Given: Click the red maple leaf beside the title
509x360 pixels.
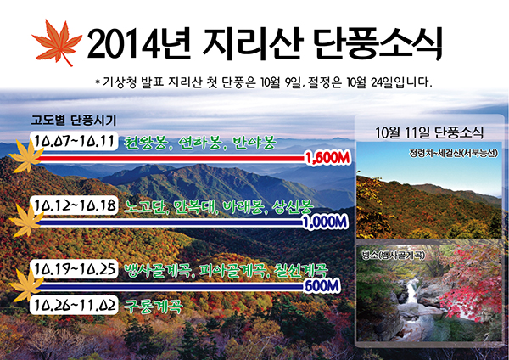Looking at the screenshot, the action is pyautogui.click(x=57, y=42).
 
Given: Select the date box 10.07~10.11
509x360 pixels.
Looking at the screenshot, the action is pyautogui.click(x=74, y=141).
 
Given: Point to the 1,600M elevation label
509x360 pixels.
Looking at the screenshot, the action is pyautogui.click(x=327, y=158).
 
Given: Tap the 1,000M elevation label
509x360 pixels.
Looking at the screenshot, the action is pyautogui.click(x=325, y=222).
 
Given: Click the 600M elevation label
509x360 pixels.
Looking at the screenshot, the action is pyautogui.click(x=322, y=286).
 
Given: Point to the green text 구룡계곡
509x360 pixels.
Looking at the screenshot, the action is pyautogui.click(x=154, y=307).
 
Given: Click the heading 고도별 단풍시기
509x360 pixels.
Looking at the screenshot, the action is pyautogui.click(x=73, y=121).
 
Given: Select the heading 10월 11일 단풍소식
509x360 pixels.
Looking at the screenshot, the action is pyautogui.click(x=429, y=132).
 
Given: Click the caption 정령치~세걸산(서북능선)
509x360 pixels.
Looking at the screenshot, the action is pyautogui.click(x=453, y=153).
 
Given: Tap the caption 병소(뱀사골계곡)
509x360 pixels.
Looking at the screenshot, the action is pyautogui.click(x=393, y=256).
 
